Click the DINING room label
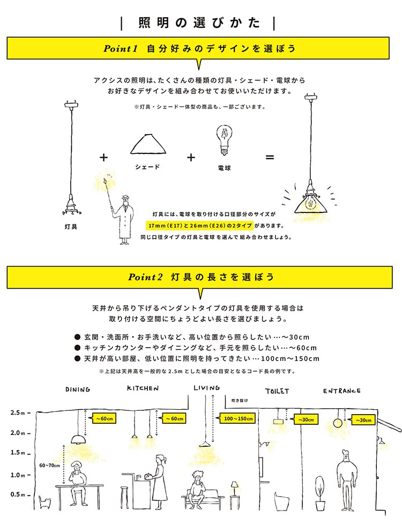click(78, 389)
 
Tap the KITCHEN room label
click(143, 388)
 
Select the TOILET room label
click(277, 391)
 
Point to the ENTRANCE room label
click(342, 391)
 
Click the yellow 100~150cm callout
click(237, 418)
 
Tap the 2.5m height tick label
click(17, 412)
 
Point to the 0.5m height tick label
click(17, 495)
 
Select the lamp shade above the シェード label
click(147, 145)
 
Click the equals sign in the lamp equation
click(270, 158)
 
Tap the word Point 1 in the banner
click(121, 49)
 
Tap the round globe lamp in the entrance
click(338, 423)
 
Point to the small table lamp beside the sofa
click(234, 488)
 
